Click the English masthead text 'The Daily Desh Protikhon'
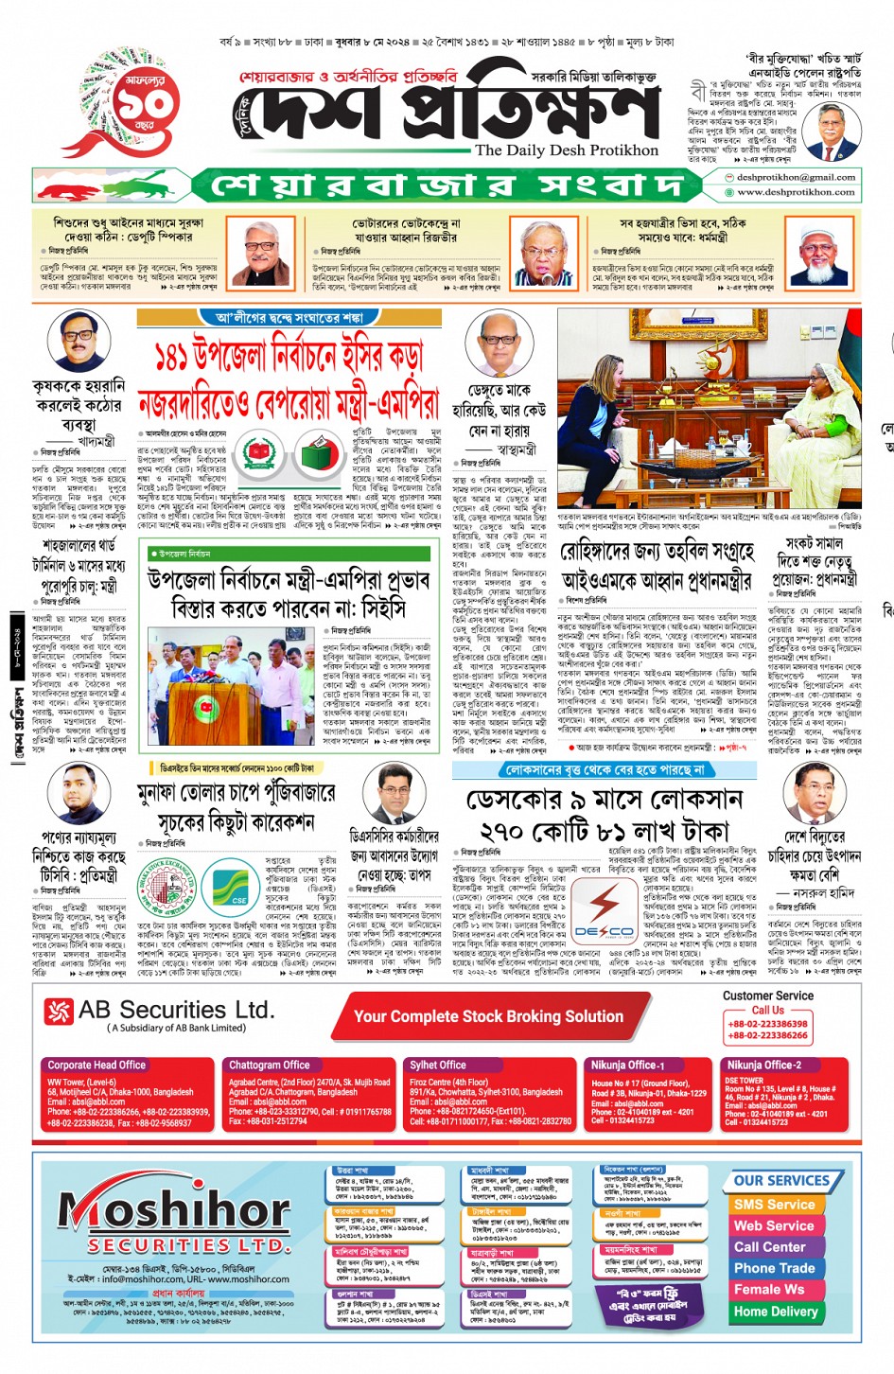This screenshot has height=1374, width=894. click(x=567, y=150)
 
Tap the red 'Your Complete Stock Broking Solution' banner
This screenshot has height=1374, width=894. click(x=488, y=1016)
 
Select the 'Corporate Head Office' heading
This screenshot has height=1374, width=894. click(x=96, y=1065)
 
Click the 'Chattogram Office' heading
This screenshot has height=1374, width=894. click(x=269, y=1065)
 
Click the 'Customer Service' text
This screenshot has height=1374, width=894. click(x=767, y=995)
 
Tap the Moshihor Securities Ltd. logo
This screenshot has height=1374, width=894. click(x=174, y=1216)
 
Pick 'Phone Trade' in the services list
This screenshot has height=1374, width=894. click(x=774, y=1268)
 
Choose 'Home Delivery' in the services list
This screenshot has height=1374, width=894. click(x=775, y=1312)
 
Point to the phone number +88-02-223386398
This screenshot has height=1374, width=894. click(x=767, y=1024)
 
